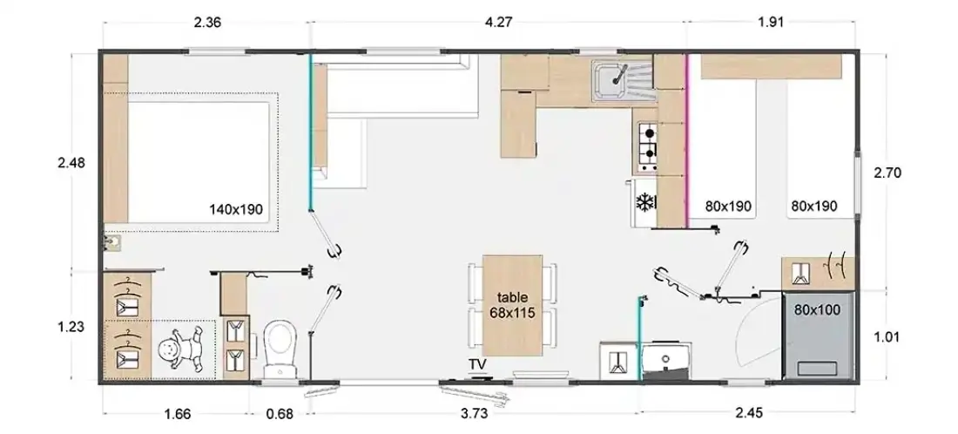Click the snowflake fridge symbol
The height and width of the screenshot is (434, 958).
[x=645, y=202]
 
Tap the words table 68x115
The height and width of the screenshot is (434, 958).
[x=512, y=305]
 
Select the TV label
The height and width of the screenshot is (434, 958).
[x=478, y=365]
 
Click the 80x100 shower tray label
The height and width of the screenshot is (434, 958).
[x=817, y=310]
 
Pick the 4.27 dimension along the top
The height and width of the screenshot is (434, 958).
[x=497, y=23]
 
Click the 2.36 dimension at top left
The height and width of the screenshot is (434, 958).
[x=207, y=23]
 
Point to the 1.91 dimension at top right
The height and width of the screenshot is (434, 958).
[x=771, y=23]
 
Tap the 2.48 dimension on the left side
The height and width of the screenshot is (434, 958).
[x=71, y=163]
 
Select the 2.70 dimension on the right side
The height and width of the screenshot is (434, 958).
[x=887, y=173]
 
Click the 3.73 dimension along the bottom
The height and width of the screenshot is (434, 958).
[x=474, y=414]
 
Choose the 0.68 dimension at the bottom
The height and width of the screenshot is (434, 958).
[x=280, y=414]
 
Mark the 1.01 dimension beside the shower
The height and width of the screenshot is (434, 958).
[x=887, y=336]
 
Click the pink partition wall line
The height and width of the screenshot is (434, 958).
[x=687, y=141]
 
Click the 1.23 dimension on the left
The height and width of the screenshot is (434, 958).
[x=71, y=327]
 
